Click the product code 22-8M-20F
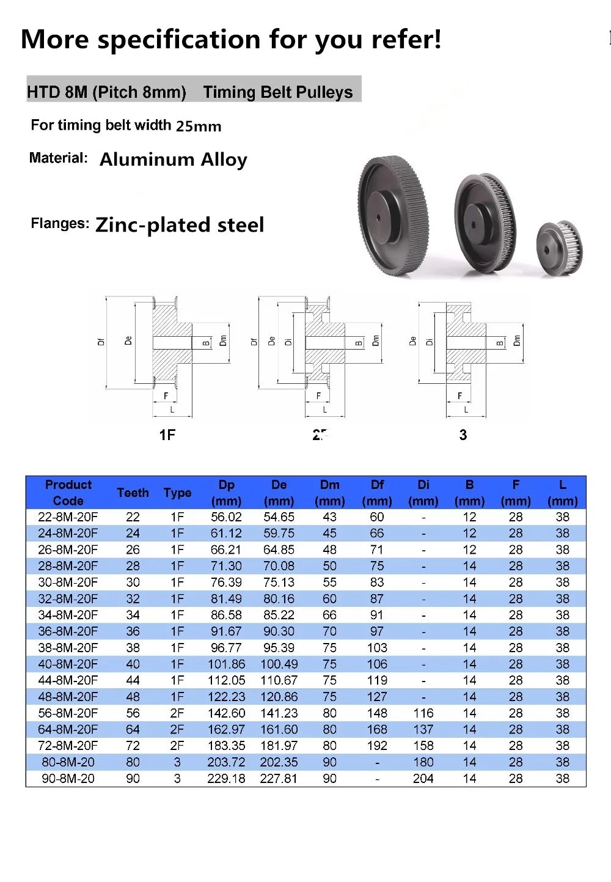pos(68,517)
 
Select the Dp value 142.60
pos(226,713)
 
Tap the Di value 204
pos(423,779)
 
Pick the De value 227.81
pos(279,779)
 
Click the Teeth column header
pos(133,493)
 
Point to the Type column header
pos(177,493)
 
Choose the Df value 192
pos(377,746)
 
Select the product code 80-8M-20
pos(68,762)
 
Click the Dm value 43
pos(329,517)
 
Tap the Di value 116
pos(423,713)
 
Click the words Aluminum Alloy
pos(174,160)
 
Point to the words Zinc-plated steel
pos(180,225)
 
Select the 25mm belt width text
pos(199,127)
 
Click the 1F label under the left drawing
pos(167,435)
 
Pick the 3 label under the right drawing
pos(463,435)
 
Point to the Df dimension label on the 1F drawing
pos(101,342)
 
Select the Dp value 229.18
pos(226,779)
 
